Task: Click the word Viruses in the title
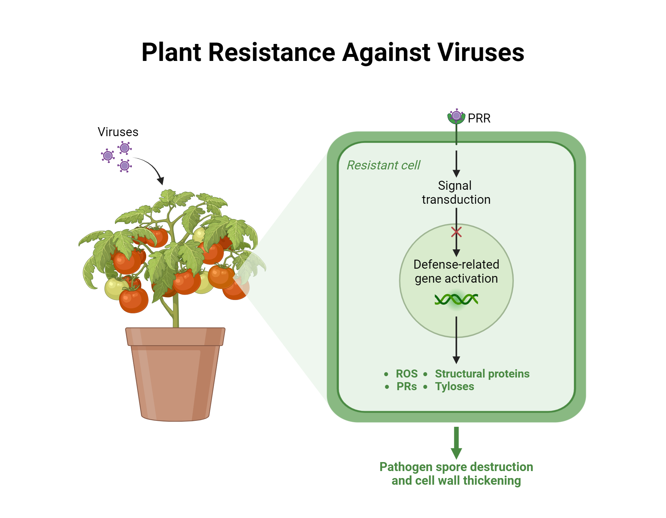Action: pyautogui.click(x=481, y=53)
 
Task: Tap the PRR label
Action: pyautogui.click(x=479, y=119)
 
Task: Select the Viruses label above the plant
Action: pyautogui.click(x=118, y=132)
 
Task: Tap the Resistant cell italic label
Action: pyautogui.click(x=383, y=165)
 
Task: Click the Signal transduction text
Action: pyautogui.click(x=456, y=192)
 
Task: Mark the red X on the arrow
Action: pyautogui.click(x=456, y=232)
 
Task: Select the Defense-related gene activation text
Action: pyautogui.click(x=456, y=271)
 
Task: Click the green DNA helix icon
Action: pyautogui.click(x=456, y=299)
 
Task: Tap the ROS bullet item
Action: pyautogui.click(x=406, y=374)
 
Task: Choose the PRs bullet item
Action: pyautogui.click(x=406, y=387)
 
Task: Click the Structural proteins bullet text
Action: pyautogui.click(x=482, y=374)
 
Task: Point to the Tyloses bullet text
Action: pyautogui.click(x=454, y=387)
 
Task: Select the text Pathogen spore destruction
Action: pyautogui.click(x=456, y=467)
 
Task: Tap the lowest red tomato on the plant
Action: pyautogui.click(x=134, y=301)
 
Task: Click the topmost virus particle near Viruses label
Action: pyautogui.click(x=125, y=148)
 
